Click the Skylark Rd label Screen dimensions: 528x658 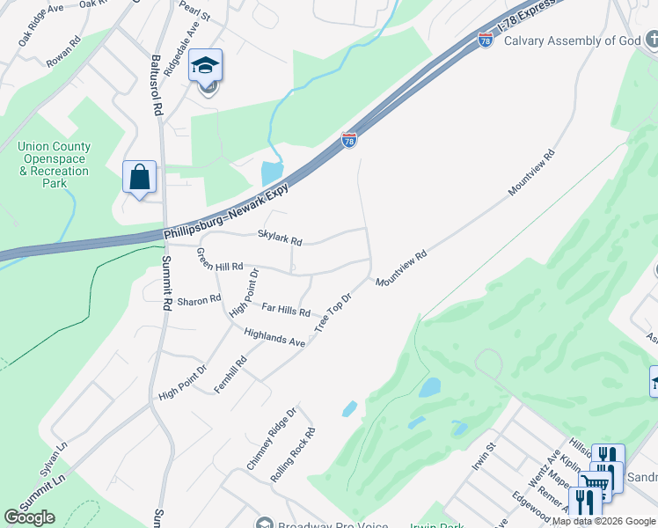(x=280, y=238)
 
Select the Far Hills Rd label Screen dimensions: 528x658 (x=286, y=309)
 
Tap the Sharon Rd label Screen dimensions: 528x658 (x=199, y=301)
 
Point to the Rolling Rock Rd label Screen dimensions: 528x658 (x=293, y=454)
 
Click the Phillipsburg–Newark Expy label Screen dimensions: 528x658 (x=233, y=213)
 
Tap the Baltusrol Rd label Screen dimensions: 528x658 (x=156, y=86)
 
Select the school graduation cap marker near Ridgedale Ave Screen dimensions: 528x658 (x=206, y=67)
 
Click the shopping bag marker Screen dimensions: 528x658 (x=140, y=178)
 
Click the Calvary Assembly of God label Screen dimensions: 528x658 (x=571, y=40)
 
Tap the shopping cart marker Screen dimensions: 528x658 (x=596, y=483)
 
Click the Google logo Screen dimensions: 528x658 (x=29, y=517)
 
